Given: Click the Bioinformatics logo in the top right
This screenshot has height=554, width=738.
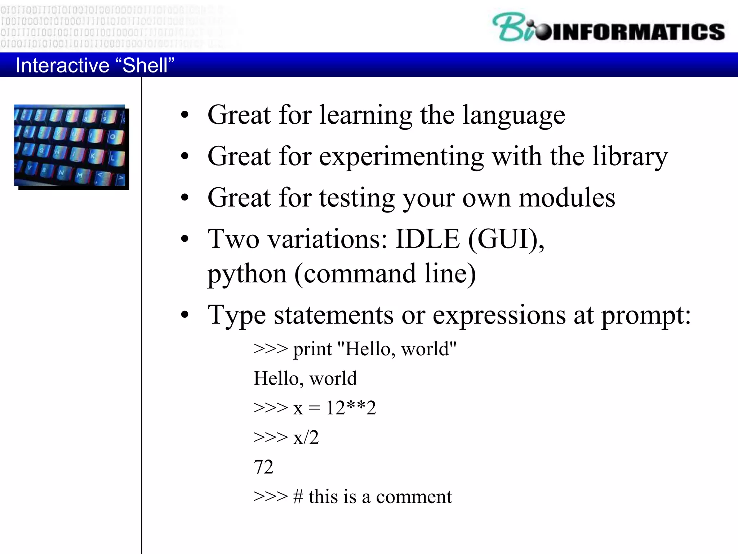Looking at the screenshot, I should [608, 28].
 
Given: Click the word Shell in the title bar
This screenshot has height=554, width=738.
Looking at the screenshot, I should [145, 65].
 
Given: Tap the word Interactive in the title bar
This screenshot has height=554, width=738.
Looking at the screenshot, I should [62, 65].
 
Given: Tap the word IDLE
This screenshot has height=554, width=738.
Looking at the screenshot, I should [427, 239].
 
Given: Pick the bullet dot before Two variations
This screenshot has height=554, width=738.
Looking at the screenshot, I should [185, 239].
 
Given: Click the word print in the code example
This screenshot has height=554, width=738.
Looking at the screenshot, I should [312, 349].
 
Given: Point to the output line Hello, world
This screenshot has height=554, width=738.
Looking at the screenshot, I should [305, 379].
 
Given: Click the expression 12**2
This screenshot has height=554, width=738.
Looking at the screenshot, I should [351, 408].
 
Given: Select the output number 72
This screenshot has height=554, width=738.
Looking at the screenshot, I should [263, 467].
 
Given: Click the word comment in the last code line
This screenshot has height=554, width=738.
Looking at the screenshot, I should [414, 497].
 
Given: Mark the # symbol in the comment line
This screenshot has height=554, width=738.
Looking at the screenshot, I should [298, 497].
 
